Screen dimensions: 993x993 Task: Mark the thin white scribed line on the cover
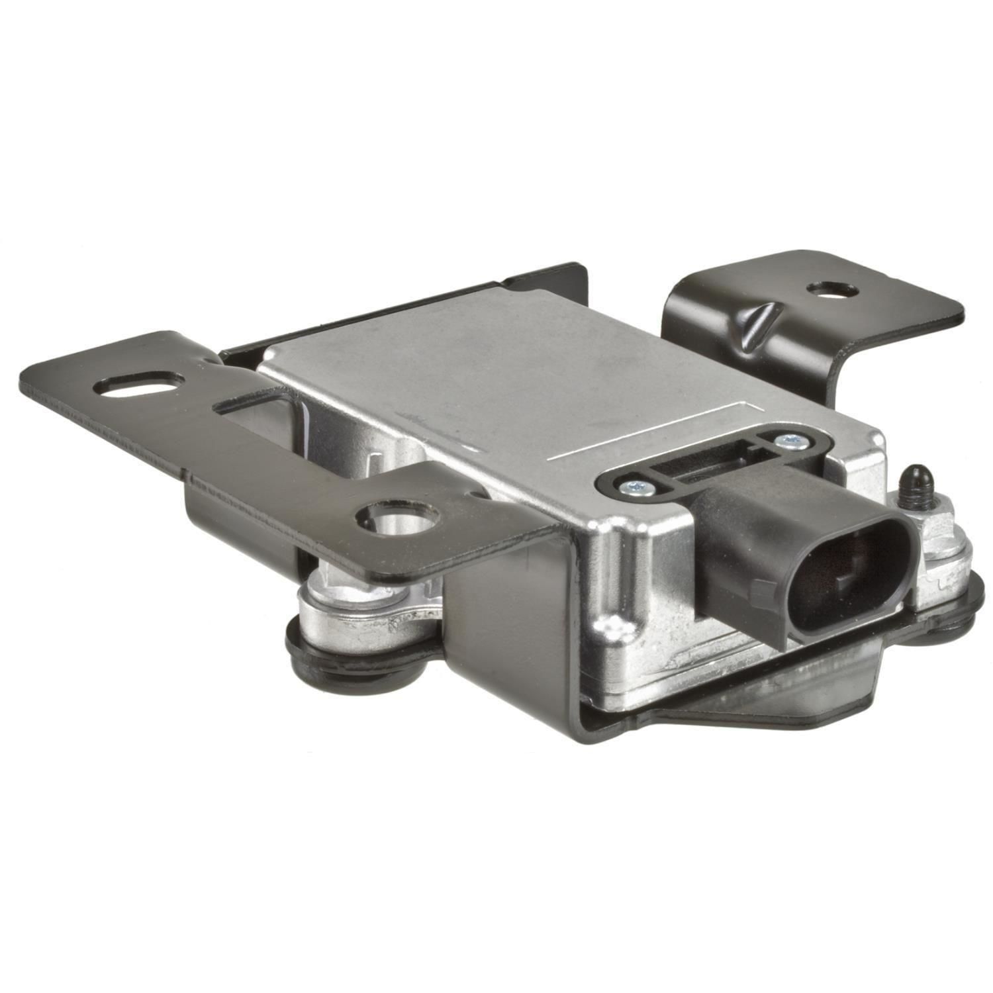[x=636, y=430]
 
